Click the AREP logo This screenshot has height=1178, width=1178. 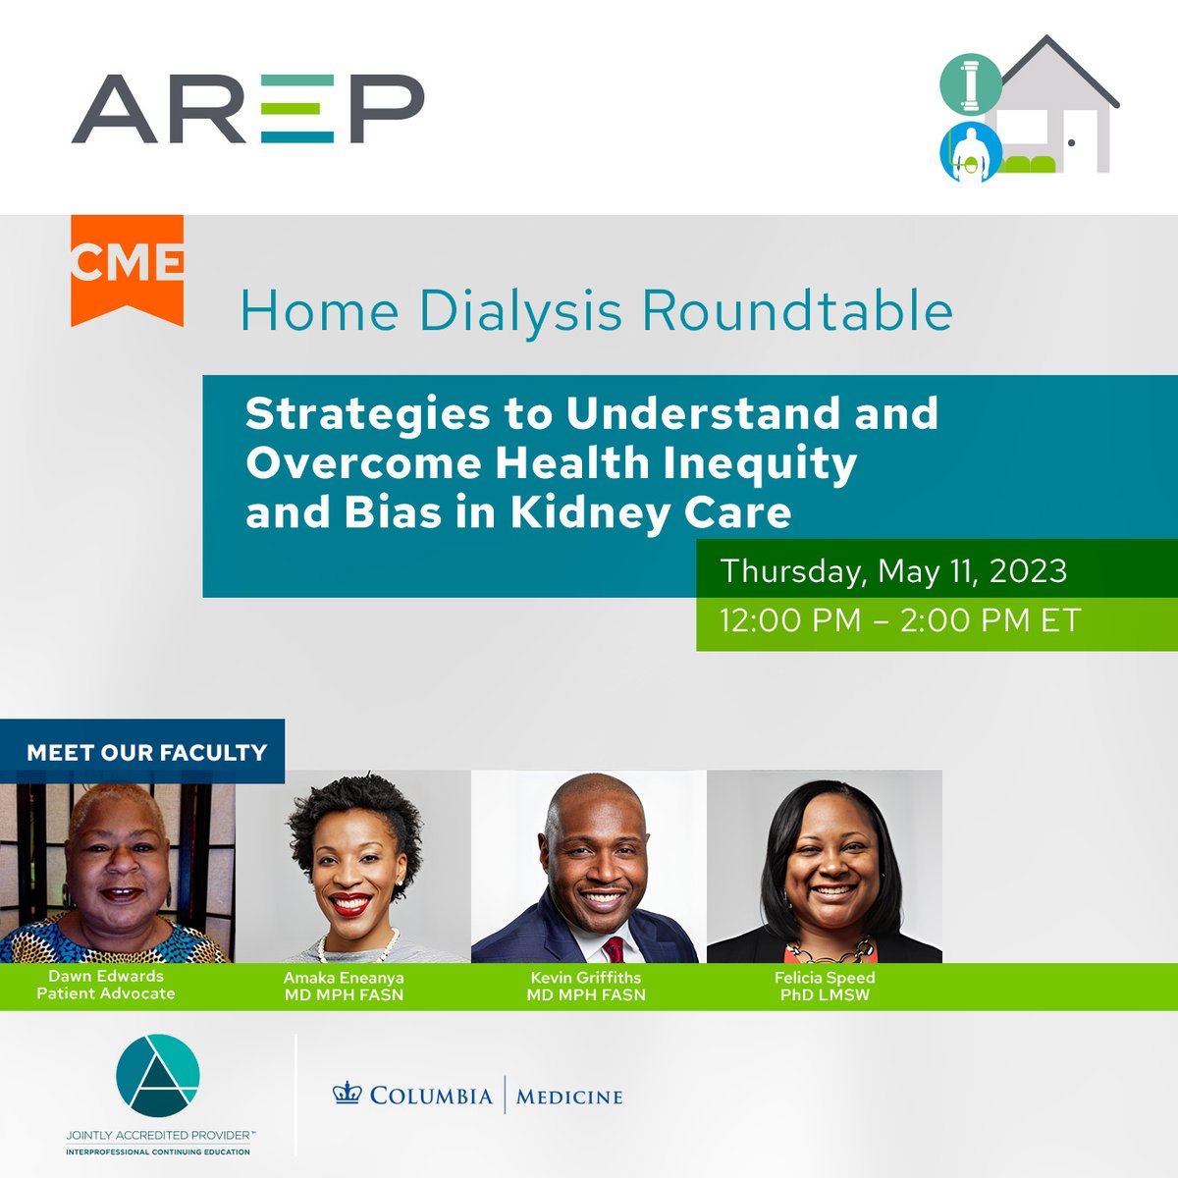(x=247, y=108)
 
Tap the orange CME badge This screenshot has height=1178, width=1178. (x=127, y=265)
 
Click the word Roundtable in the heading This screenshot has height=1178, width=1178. (x=797, y=311)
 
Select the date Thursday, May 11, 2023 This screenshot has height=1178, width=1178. (x=893, y=571)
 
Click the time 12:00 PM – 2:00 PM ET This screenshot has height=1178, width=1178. (x=899, y=620)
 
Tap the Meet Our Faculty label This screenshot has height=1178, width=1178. (x=146, y=752)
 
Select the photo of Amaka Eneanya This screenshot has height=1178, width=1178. (x=353, y=869)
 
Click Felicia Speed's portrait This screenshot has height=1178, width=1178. (x=825, y=869)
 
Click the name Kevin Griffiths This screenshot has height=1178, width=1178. (x=586, y=978)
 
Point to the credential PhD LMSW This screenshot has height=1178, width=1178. (x=825, y=994)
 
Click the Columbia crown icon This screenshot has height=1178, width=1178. (x=348, y=1094)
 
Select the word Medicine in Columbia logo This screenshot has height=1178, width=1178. (x=569, y=1096)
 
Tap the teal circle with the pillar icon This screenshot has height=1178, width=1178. (x=970, y=84)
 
